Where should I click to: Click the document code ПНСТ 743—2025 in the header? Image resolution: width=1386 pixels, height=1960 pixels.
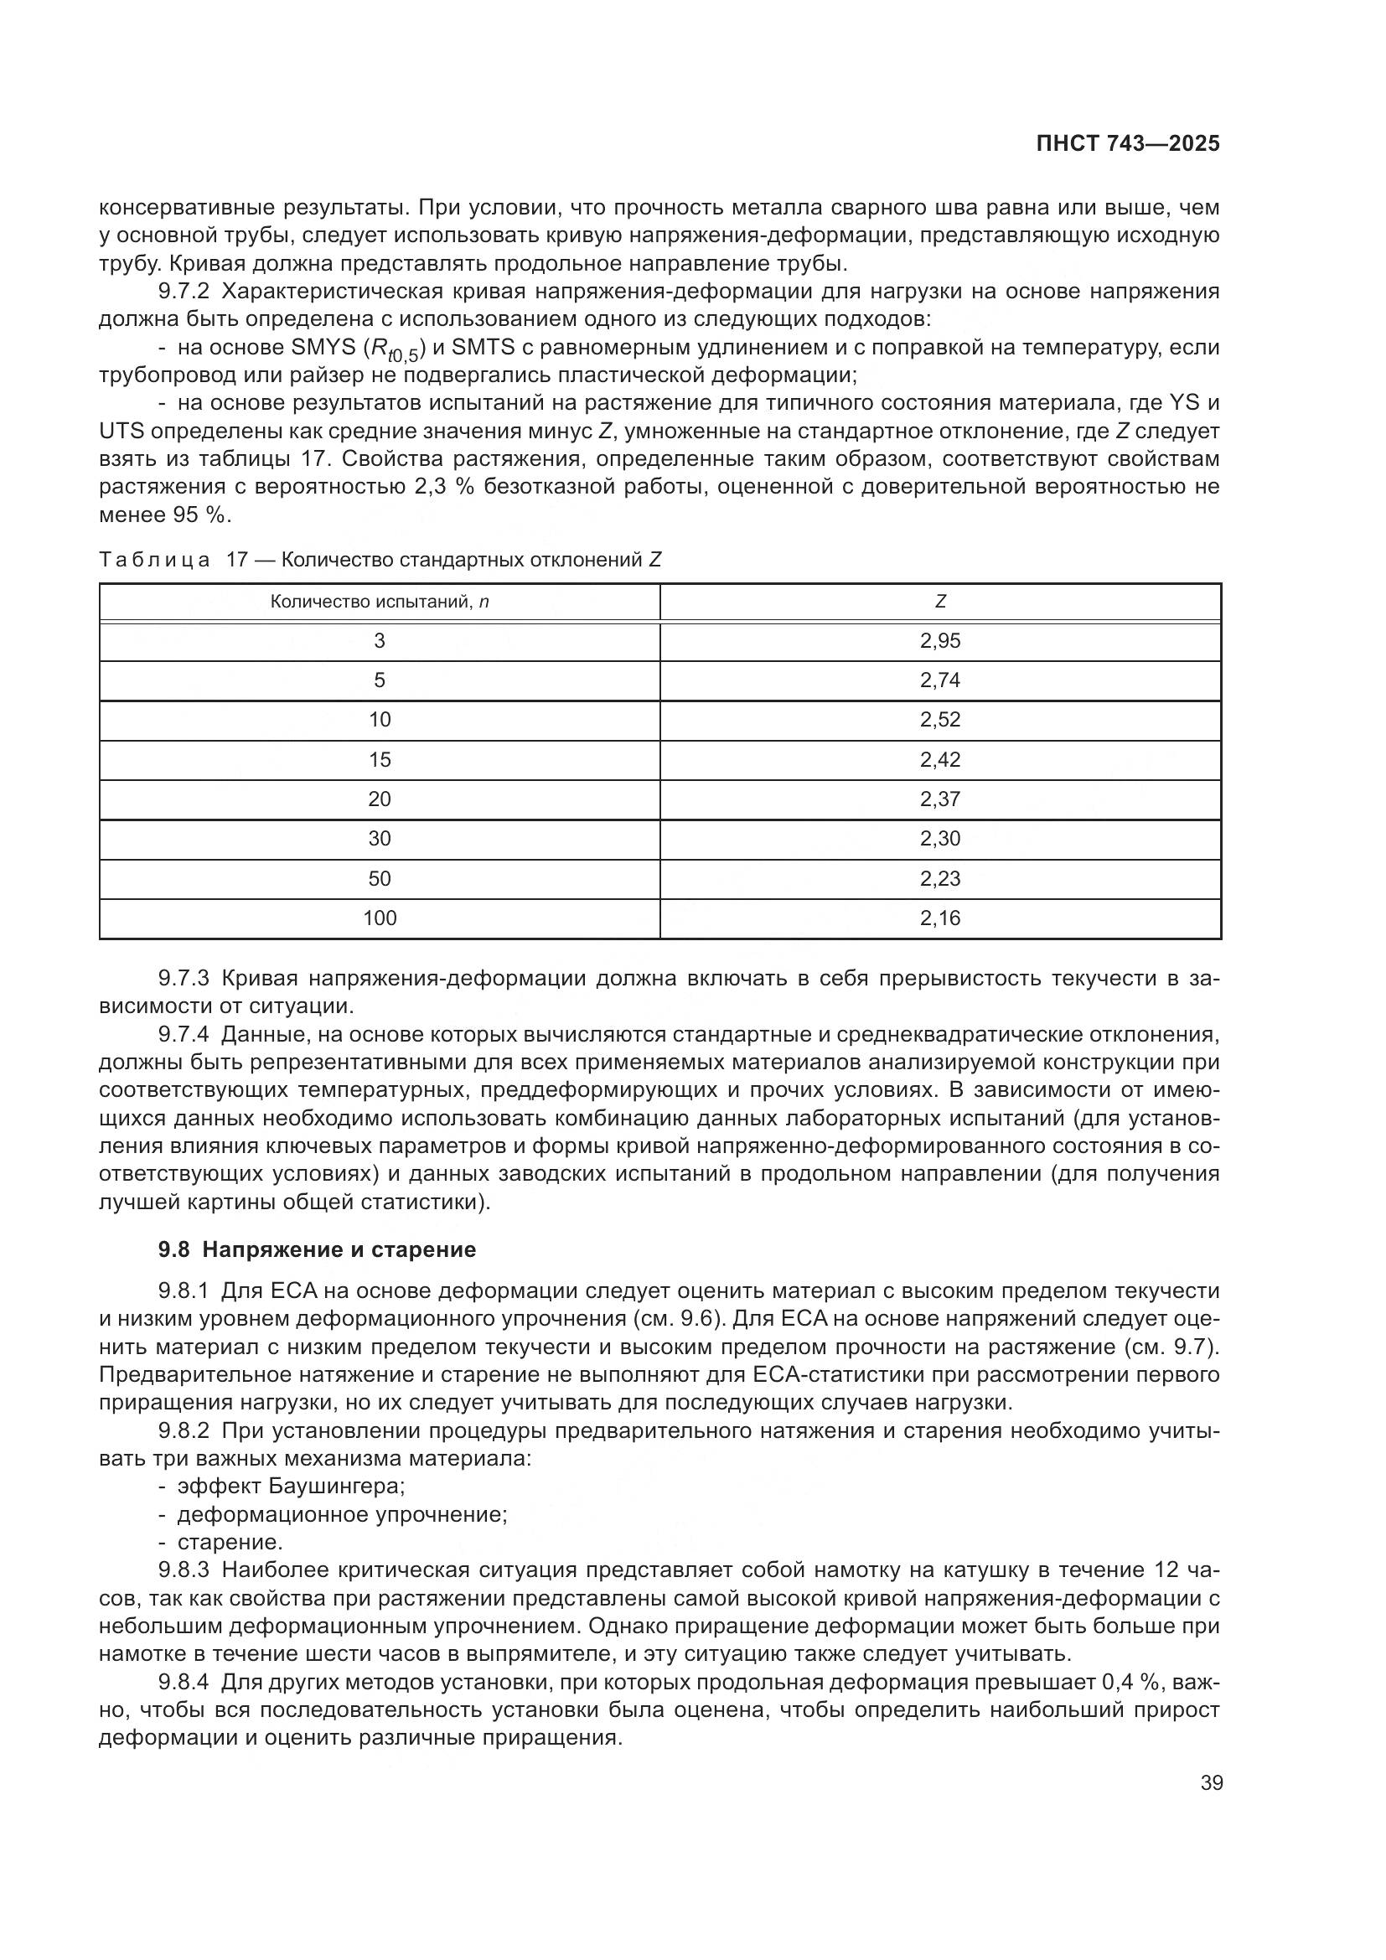click(x=1127, y=143)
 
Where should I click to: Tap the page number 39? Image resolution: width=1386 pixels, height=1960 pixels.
click(x=1211, y=1783)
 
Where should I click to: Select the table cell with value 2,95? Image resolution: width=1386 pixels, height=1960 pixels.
click(x=939, y=641)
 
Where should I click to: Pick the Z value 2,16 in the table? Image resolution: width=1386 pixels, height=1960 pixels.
click(x=939, y=918)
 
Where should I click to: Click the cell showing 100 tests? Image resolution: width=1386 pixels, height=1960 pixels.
click(x=380, y=918)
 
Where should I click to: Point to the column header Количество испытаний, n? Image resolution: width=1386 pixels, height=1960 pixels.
click(x=380, y=602)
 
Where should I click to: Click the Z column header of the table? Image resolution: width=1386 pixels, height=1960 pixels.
click(x=939, y=602)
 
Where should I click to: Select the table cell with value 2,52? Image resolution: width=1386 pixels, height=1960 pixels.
click(x=939, y=720)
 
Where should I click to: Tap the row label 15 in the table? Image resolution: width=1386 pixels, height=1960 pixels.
click(x=380, y=760)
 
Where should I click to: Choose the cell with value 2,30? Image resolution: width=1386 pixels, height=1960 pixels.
click(x=939, y=839)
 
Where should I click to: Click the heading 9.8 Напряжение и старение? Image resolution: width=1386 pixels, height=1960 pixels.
click(x=317, y=1249)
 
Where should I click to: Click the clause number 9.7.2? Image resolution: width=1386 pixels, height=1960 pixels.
click(x=184, y=291)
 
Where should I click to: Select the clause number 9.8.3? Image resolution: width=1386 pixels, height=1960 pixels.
click(x=184, y=1570)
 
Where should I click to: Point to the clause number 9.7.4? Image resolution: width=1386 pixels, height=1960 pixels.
click(x=184, y=1035)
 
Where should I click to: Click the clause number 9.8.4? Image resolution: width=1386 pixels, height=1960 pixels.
click(x=184, y=1683)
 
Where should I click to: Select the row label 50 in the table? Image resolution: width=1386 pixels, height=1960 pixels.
click(x=380, y=879)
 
